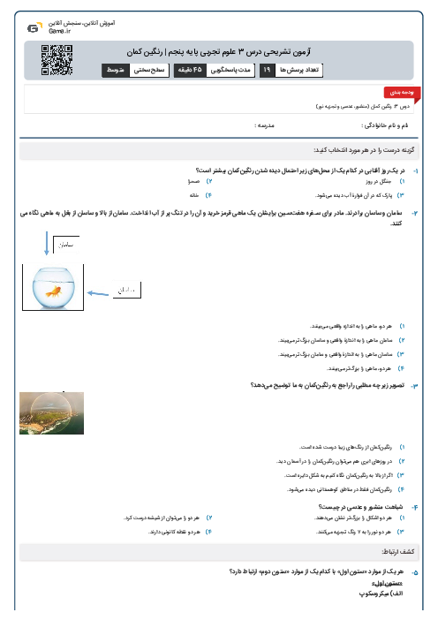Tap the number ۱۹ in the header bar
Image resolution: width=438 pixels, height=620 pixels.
266,69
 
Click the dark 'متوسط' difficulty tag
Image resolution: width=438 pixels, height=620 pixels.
116,69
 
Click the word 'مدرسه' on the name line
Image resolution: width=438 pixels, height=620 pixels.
263,125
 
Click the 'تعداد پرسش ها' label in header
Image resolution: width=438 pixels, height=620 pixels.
299,69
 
